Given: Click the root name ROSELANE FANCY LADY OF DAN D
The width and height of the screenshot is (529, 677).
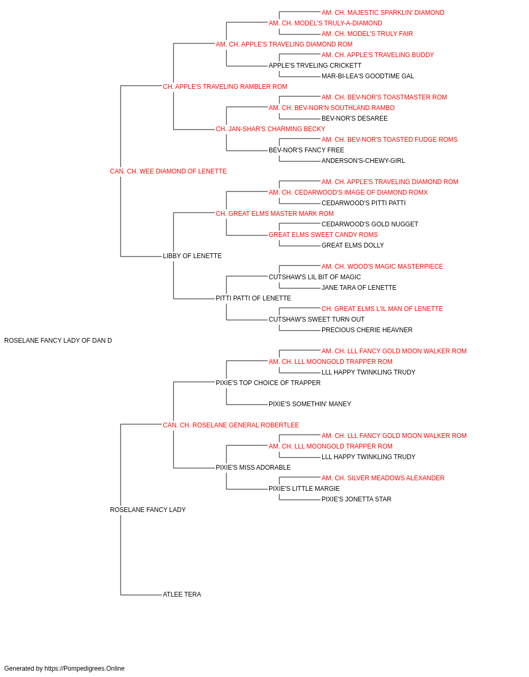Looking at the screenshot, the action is (x=58, y=341).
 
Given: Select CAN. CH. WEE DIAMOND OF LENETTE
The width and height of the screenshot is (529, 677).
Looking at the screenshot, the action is (x=168, y=171).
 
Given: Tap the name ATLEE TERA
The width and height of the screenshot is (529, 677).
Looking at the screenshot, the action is (x=182, y=594).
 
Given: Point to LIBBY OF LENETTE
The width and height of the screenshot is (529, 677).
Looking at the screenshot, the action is (x=192, y=256).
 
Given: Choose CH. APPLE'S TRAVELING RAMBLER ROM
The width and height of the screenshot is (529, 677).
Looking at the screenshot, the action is (x=225, y=87).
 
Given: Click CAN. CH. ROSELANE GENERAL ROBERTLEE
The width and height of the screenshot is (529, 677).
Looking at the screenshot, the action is (x=231, y=425).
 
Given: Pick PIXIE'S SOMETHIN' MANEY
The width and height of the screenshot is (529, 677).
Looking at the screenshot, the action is (x=309, y=404).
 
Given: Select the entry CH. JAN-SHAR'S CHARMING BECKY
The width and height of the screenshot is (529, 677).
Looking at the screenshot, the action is (x=270, y=129).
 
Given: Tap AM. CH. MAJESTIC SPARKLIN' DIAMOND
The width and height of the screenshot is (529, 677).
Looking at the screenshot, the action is (x=383, y=13).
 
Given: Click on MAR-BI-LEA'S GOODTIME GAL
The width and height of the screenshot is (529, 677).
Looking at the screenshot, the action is (x=368, y=76).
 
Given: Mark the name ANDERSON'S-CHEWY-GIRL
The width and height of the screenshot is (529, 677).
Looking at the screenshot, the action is (x=363, y=161).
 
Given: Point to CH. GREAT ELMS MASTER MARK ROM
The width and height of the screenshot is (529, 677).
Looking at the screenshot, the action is (x=275, y=214).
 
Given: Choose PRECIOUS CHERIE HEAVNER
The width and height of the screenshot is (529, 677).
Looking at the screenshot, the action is (x=367, y=330).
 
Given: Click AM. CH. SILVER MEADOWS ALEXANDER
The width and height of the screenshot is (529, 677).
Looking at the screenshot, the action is (x=383, y=478).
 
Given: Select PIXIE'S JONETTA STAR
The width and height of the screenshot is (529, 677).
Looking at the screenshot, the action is (x=357, y=499).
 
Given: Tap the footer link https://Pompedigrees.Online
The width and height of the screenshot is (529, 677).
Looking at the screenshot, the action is (x=85, y=669).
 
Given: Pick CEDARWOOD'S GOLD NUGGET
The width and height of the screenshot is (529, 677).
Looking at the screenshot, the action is (x=370, y=224).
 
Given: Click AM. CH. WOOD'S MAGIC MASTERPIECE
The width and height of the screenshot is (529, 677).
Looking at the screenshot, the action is (x=382, y=267).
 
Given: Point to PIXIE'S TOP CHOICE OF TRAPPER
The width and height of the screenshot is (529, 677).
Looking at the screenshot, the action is (x=268, y=383).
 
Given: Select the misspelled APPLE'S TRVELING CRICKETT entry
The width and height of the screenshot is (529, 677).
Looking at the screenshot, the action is (x=315, y=66).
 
